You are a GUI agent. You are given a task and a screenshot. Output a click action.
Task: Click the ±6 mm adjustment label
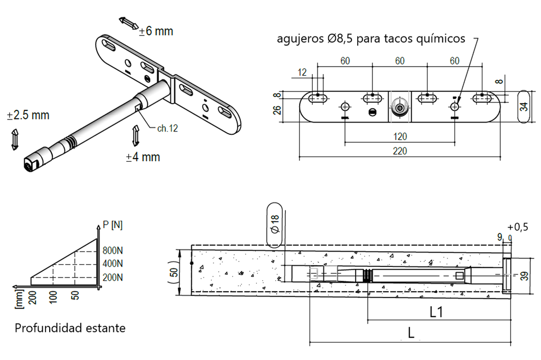(156, 31)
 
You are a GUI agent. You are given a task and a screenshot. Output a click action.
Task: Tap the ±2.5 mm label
(28, 115)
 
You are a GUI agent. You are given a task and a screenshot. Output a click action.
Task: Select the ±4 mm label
(143, 157)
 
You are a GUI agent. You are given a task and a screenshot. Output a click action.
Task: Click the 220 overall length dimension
(400, 151)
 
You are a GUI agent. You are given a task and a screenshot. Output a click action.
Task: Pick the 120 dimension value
(400, 136)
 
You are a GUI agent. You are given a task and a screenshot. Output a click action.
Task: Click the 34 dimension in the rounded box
(524, 106)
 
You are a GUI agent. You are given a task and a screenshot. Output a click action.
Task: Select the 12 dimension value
(302, 72)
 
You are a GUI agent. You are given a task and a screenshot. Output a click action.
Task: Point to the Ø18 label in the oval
(275, 225)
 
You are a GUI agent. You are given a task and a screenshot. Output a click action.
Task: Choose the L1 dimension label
(436, 312)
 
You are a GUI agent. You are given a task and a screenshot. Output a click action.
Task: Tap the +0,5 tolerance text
(517, 227)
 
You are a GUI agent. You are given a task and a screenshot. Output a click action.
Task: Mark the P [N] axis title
(113, 225)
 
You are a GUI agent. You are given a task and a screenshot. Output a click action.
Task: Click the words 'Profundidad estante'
(70, 328)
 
